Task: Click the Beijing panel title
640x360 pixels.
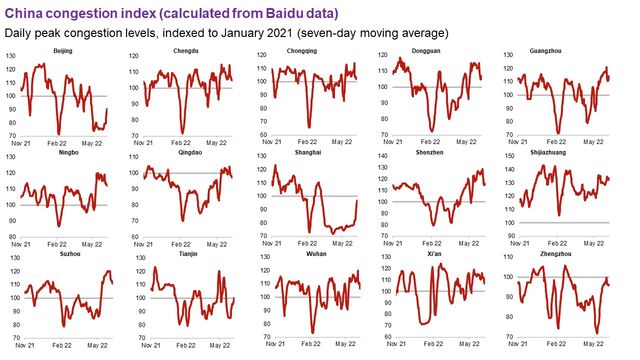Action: (x=62, y=50)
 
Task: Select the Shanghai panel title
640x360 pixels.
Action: (x=315, y=152)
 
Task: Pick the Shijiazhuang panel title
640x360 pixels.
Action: (x=565, y=152)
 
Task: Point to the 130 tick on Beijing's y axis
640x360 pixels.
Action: (x=12, y=55)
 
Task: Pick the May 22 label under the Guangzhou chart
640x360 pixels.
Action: (x=595, y=143)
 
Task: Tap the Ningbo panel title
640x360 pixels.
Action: (x=62, y=152)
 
